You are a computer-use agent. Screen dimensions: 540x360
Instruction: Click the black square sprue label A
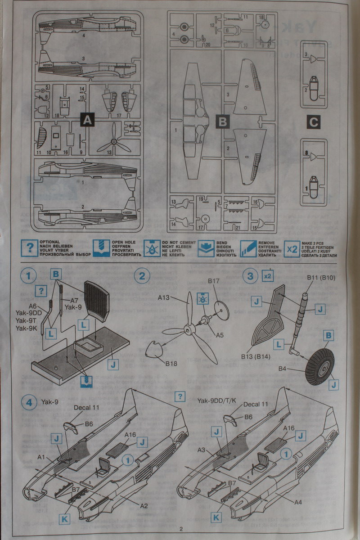point(87,120)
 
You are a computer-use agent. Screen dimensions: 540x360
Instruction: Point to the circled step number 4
point(29,403)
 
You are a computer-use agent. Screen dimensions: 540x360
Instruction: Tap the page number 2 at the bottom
point(180,529)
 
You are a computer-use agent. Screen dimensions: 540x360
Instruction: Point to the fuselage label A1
point(42,457)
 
